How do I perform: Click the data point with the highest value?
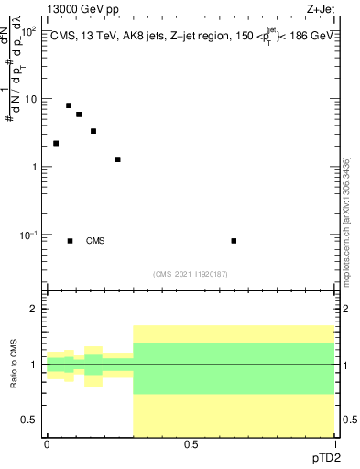[69, 105]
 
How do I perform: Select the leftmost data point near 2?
[56, 144]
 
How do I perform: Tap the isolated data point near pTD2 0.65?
[234, 241]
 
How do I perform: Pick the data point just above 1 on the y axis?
[118, 159]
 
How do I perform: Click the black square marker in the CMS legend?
[71, 241]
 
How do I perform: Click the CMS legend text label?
[95, 241]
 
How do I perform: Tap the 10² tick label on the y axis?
[27, 32]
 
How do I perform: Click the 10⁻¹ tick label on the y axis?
[27, 234]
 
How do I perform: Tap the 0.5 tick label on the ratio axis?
[29, 420]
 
